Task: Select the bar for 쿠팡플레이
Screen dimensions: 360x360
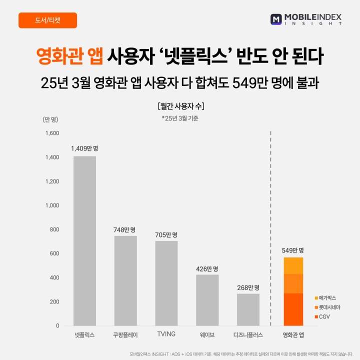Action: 125,280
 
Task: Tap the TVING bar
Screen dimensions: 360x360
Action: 166,283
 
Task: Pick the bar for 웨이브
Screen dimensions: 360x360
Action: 207,300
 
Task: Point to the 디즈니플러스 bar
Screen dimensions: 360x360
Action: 248,309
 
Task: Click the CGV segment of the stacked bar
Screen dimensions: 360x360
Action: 293,309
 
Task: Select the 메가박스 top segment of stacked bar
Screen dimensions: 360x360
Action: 293,265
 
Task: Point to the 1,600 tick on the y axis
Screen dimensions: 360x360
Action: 52,133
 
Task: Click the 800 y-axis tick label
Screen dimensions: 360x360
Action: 54,229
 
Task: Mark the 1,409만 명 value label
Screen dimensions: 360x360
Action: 84,148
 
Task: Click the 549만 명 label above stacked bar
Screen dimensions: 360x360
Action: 293,250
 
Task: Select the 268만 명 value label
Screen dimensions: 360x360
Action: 248,287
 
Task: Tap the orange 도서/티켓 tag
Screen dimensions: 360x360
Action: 47,20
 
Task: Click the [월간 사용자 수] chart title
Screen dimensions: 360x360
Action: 180,106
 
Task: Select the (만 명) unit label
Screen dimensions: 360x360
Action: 50,119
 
